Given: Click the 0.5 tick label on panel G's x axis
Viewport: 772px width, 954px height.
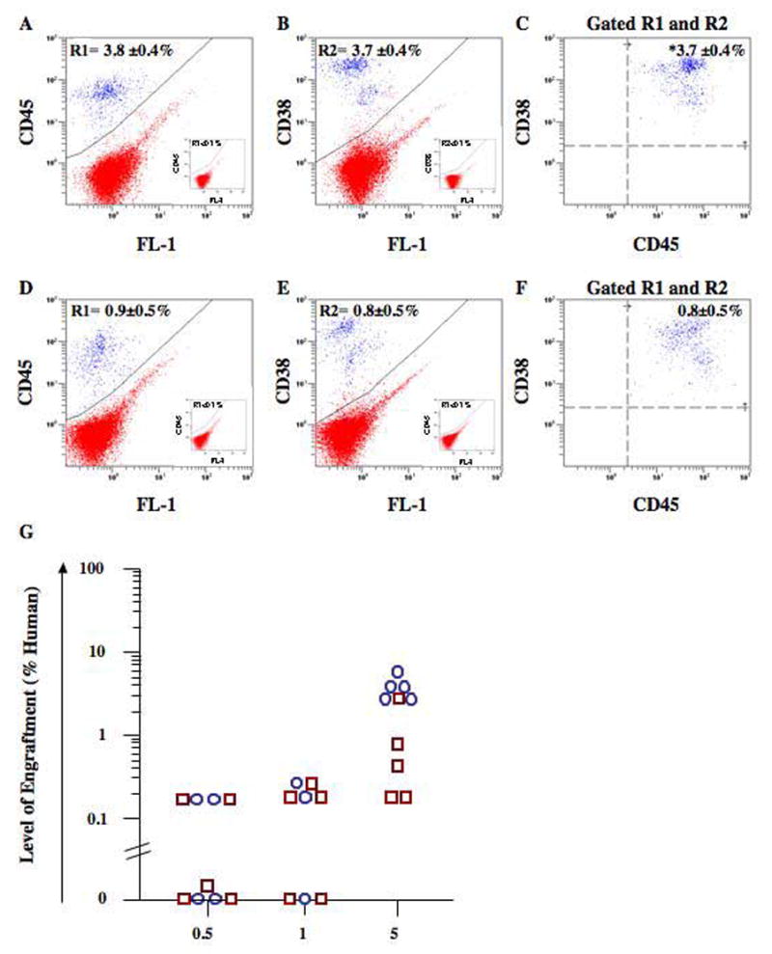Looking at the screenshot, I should pos(207,934).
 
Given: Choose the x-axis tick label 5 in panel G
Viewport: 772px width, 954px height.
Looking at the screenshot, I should pos(398,934).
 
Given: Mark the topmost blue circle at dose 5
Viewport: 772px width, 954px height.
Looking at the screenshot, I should pos(397,671).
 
